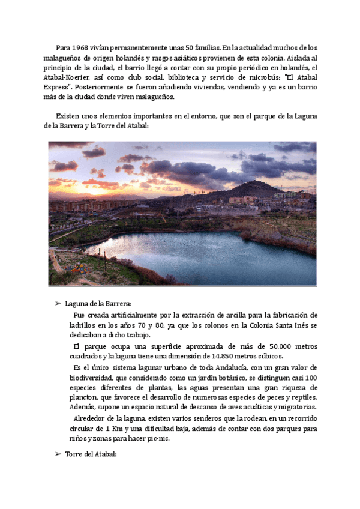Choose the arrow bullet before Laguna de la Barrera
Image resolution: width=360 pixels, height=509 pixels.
pos(58,304)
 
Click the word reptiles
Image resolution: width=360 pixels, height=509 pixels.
pos(303,397)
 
